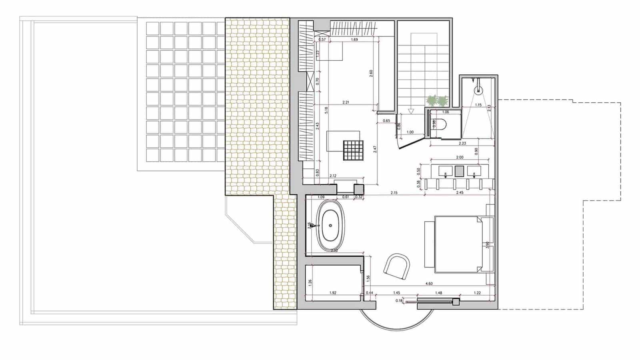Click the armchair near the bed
397,266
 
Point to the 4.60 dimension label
429,284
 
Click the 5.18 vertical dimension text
327,110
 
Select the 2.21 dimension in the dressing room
346,102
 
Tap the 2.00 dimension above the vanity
460,157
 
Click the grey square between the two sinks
460,171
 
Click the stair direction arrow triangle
410,112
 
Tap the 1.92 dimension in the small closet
332,293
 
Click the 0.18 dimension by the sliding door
399,300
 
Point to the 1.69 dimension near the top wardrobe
354,40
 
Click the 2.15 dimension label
394,193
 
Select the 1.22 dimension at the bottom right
477,293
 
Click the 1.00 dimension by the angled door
410,132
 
